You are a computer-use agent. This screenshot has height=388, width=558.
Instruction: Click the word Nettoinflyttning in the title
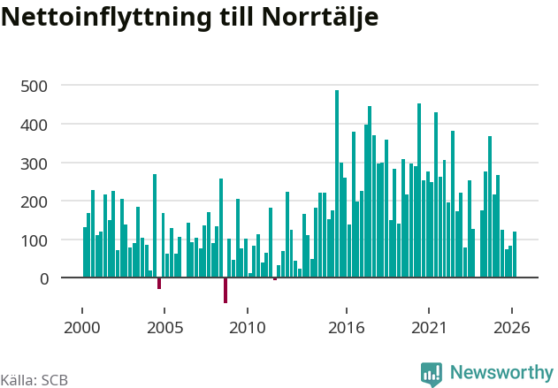[106, 17]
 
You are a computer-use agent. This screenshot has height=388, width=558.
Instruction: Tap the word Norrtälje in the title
[319, 17]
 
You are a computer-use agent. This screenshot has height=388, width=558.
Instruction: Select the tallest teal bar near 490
[337, 184]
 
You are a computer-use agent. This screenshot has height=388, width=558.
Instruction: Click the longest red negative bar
[225, 290]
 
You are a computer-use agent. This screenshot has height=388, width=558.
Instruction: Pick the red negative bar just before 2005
[159, 283]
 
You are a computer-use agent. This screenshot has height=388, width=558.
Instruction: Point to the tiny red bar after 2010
[275, 278]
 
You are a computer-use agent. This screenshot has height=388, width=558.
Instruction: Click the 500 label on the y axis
[34, 87]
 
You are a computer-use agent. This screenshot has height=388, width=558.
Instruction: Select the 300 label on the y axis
[34, 164]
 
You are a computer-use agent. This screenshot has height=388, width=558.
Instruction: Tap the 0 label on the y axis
[44, 279]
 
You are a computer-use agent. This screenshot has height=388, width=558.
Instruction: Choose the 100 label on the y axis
[34, 240]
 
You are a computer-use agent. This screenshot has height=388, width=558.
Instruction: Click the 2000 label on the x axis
[82, 328]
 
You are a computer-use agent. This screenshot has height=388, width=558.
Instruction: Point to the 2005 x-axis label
[164, 328]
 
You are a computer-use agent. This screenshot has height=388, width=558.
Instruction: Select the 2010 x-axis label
[248, 328]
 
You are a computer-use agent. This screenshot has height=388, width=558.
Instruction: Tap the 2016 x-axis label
[347, 328]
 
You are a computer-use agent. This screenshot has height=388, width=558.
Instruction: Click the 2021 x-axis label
[429, 328]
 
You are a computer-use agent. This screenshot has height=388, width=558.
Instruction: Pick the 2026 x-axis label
[512, 328]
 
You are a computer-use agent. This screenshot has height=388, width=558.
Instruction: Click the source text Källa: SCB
[34, 380]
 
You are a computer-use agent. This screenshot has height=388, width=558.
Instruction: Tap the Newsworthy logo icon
[432, 374]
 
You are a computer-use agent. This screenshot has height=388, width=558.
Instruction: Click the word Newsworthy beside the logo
[501, 372]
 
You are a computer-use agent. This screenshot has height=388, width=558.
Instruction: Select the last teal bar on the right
[515, 255]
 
